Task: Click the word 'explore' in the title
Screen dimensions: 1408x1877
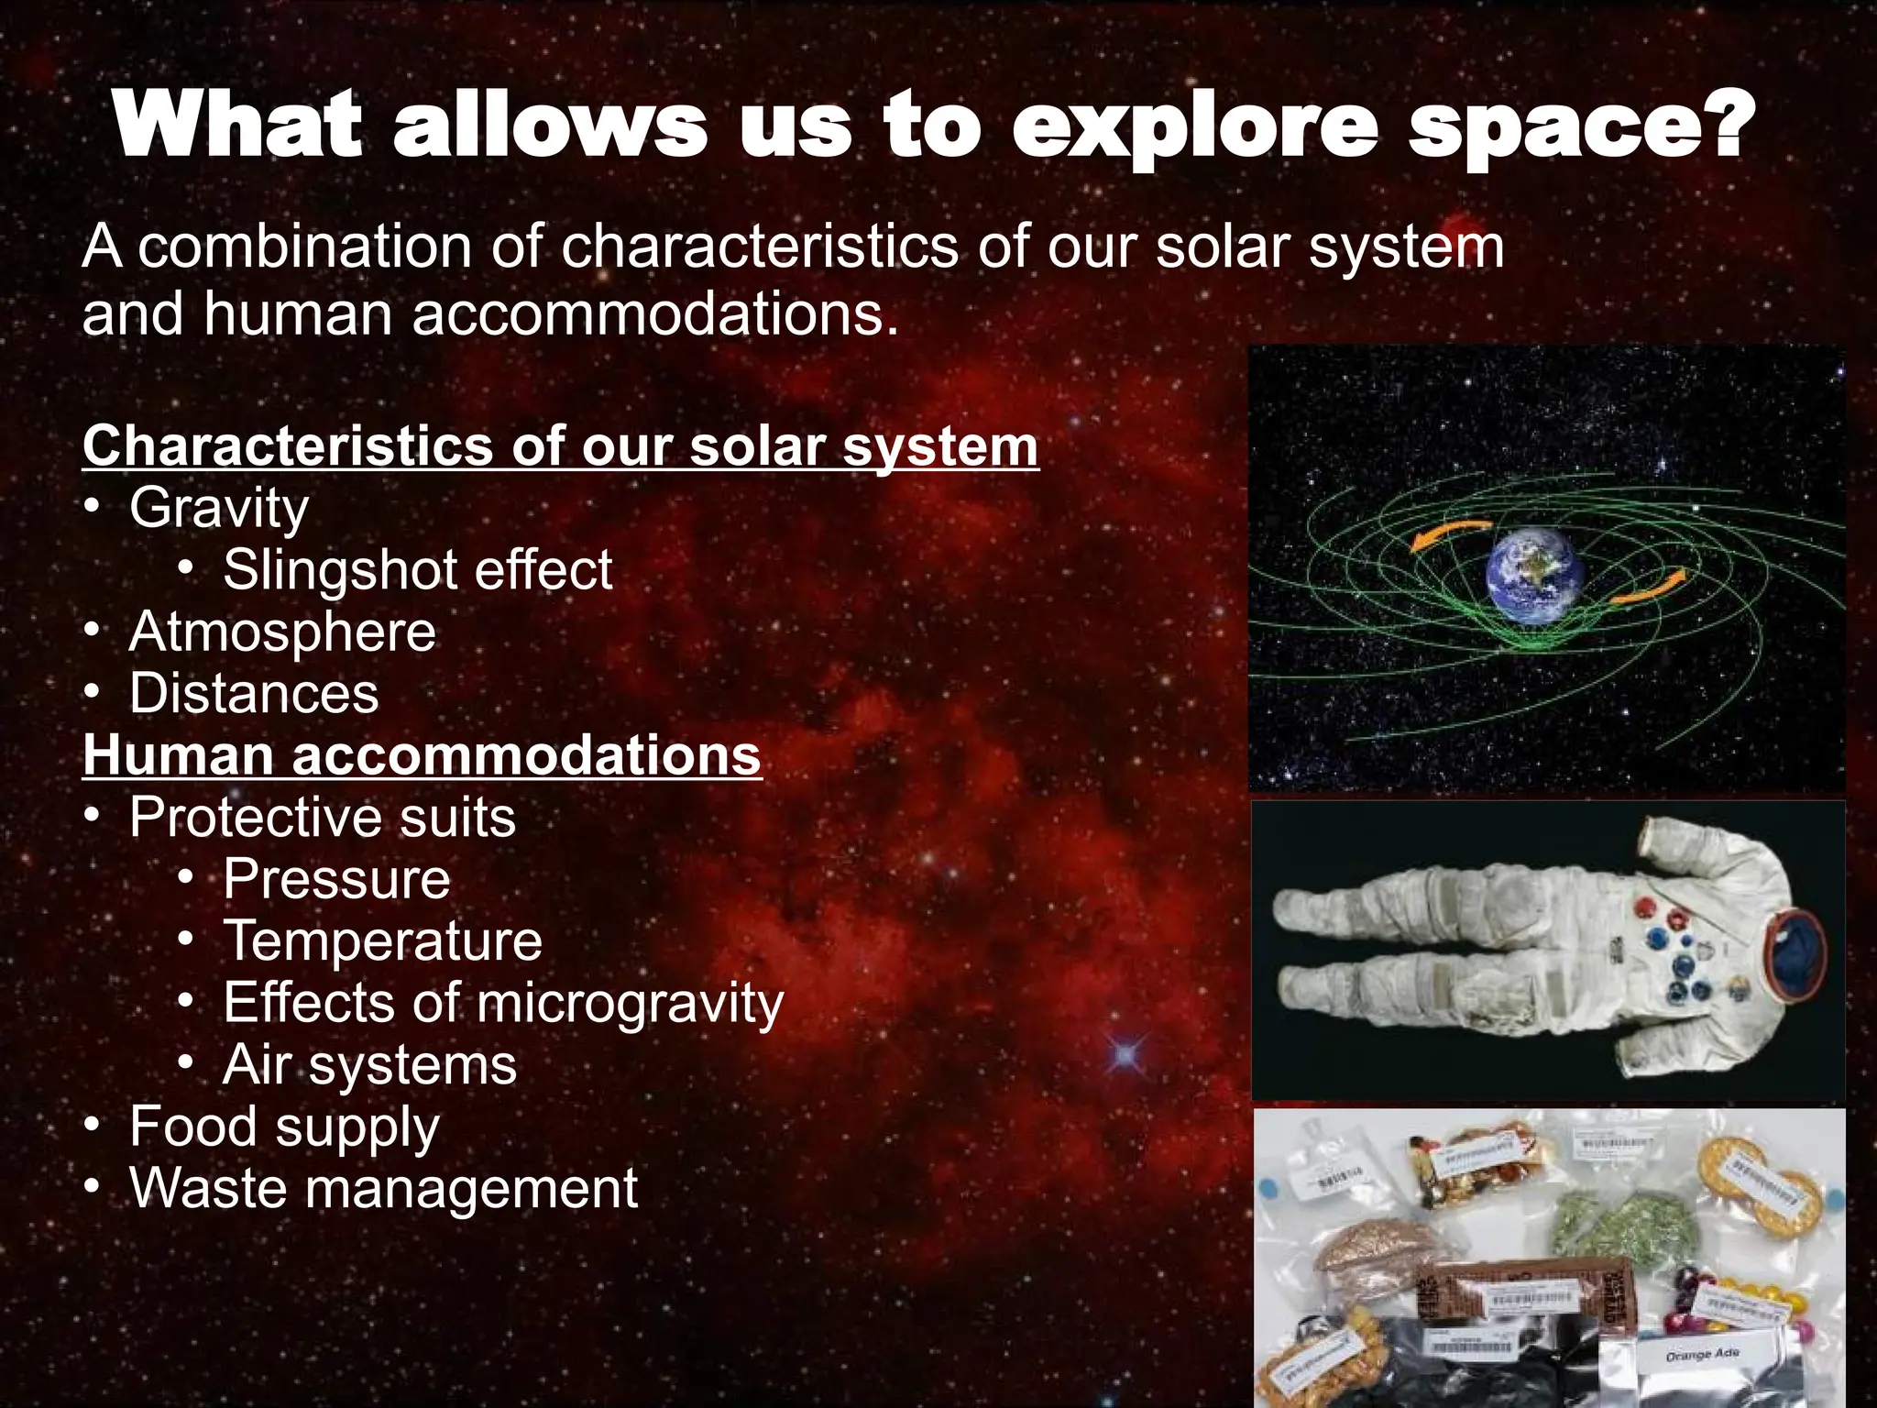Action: [x=1194, y=128]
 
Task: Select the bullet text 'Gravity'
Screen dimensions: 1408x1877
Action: [x=219, y=508]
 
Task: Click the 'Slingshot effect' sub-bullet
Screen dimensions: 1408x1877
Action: [x=417, y=570]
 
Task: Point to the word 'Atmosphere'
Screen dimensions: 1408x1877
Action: [x=282, y=632]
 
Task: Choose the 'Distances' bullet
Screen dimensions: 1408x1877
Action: [x=254, y=694]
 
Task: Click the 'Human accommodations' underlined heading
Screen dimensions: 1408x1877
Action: [x=422, y=755]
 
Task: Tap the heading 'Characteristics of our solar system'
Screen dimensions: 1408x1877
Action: [x=560, y=446]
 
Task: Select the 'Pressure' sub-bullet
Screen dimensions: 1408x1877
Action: [x=336, y=879]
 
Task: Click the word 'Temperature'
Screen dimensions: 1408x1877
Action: [x=382, y=941]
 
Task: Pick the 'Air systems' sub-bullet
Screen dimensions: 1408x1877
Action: [x=369, y=1065]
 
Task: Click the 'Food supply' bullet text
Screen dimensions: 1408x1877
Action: [x=284, y=1127]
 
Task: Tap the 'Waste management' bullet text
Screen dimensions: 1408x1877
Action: [x=383, y=1189]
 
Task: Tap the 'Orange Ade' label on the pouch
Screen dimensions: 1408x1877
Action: [x=1702, y=1354]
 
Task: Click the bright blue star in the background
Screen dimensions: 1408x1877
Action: [x=1125, y=1056]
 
